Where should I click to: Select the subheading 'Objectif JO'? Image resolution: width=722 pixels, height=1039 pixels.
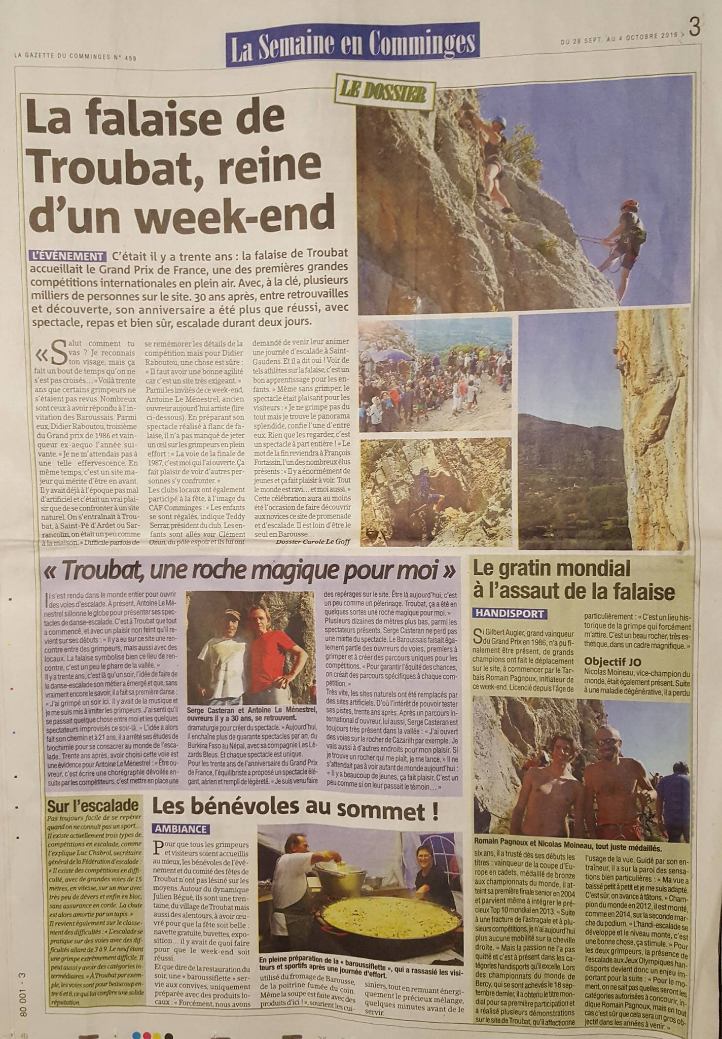tap(614, 662)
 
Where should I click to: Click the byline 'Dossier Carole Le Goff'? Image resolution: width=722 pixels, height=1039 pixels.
tap(313, 542)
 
